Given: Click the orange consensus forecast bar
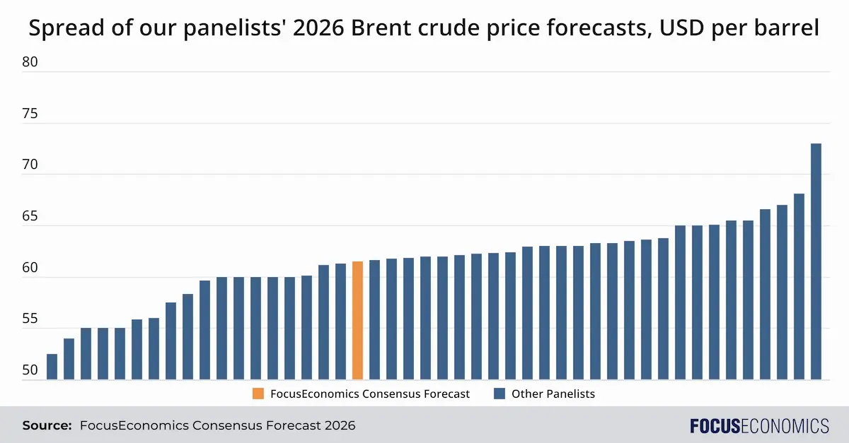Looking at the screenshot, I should [x=357, y=321].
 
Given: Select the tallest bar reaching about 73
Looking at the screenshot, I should [x=816, y=261].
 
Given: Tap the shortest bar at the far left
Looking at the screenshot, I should [x=52, y=367].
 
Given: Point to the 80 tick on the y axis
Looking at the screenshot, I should [x=30, y=62].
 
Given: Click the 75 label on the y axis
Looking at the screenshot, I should [x=30, y=114].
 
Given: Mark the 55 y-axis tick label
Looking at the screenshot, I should [x=30, y=319].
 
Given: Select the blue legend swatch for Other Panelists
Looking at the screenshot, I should [x=499, y=394].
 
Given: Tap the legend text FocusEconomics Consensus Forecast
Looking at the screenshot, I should [x=370, y=394].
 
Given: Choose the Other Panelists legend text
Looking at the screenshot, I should [x=553, y=394].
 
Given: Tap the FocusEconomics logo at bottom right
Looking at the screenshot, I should [x=759, y=425].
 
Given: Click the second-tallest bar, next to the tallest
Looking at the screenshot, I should [x=799, y=286].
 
